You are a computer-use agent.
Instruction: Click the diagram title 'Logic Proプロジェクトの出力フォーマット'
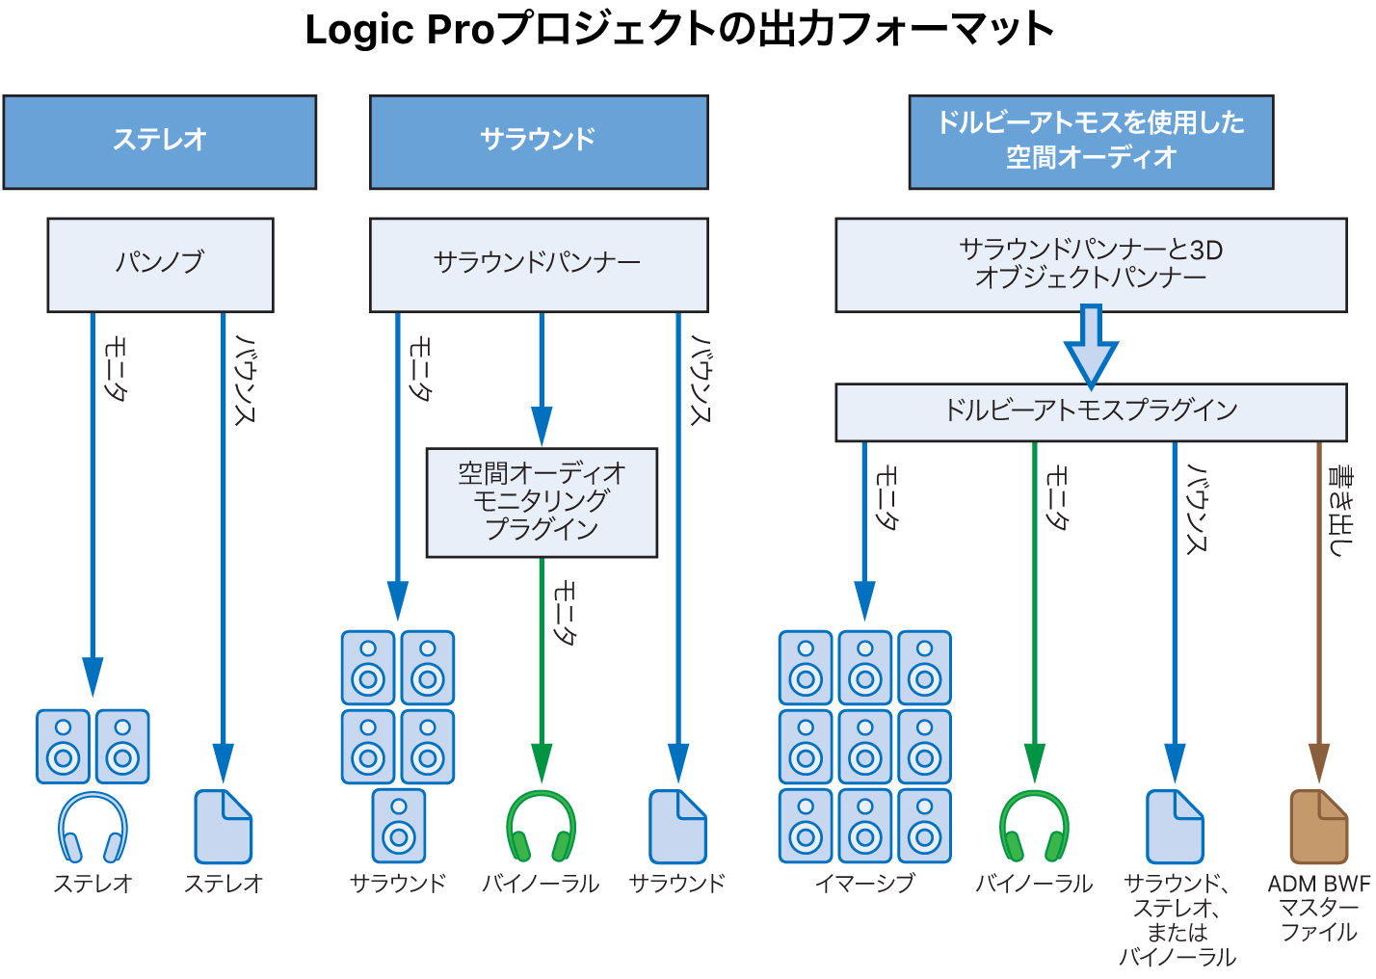[679, 29]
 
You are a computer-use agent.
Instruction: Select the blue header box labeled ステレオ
[160, 142]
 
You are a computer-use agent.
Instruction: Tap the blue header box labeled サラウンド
[539, 142]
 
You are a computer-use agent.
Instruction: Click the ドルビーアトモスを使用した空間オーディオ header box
[1091, 142]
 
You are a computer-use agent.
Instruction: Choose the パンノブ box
[160, 264]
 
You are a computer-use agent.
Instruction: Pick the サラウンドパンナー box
[539, 264]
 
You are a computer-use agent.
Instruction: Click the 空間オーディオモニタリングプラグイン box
[542, 502]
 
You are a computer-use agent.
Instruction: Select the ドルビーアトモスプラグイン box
[1091, 411]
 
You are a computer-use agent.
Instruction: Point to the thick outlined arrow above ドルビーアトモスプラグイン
[1091, 345]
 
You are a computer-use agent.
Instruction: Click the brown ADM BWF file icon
[1318, 827]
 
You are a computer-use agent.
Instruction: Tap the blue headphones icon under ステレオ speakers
[93, 827]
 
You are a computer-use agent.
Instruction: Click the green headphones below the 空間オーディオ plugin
[542, 827]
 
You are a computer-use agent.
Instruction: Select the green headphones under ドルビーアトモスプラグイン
[1034, 827]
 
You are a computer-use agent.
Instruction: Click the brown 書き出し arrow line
[1319, 597]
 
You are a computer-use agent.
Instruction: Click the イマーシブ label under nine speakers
[864, 883]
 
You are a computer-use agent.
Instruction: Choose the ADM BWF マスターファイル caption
[1318, 908]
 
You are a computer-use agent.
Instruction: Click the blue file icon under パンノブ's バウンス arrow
[223, 827]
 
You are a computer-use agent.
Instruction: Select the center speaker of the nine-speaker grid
[864, 747]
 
